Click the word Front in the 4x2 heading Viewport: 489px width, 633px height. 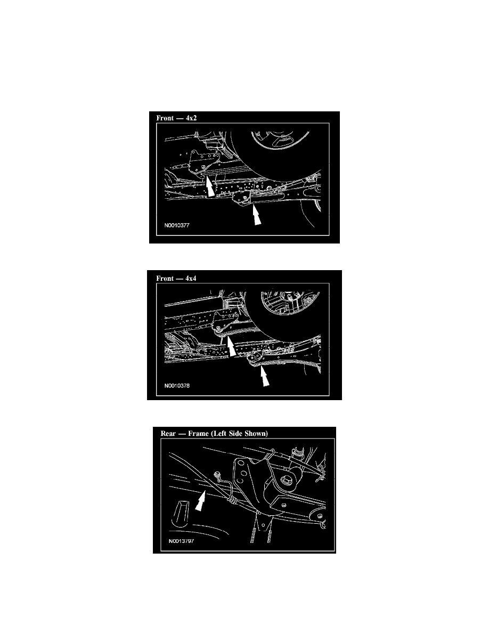coord(165,118)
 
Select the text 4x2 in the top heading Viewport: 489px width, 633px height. coord(191,118)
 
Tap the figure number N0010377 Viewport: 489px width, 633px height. coord(177,225)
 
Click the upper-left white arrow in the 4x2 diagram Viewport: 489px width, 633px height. coord(209,186)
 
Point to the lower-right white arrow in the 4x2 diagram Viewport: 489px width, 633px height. coord(256,214)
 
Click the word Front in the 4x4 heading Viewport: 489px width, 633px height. coord(165,278)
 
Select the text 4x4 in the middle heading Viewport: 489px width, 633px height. coord(191,278)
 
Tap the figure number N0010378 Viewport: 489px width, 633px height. coord(177,386)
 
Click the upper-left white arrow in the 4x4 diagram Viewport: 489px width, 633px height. coord(230,346)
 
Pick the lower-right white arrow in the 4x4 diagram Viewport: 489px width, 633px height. coord(264,376)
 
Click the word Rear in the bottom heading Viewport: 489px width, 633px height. coord(168,434)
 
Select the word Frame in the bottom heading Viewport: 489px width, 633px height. coord(198,434)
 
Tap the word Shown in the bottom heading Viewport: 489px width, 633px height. coord(256,434)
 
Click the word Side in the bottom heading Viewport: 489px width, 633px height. coord(235,434)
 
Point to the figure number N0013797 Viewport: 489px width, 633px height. coord(182,541)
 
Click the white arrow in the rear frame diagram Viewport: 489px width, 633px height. coord(200,500)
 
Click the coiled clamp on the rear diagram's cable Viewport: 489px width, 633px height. coord(232,501)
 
